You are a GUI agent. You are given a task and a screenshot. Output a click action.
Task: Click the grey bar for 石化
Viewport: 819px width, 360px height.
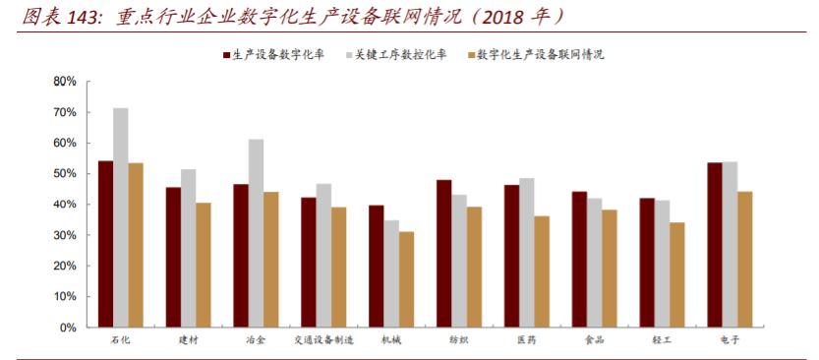pyautogui.click(x=120, y=217)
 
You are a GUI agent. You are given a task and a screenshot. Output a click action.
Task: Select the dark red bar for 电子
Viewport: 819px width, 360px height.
pyautogui.click(x=715, y=245)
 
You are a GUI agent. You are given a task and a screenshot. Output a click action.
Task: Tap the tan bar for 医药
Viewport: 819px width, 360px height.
pyautogui.click(x=542, y=271)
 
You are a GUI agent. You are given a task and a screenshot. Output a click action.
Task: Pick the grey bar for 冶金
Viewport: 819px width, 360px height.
pyautogui.click(x=256, y=233)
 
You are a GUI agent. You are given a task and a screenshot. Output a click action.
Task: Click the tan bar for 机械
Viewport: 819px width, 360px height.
pyautogui.click(x=406, y=279)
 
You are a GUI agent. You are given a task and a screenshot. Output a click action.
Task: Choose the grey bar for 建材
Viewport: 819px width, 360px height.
pyautogui.click(x=188, y=248)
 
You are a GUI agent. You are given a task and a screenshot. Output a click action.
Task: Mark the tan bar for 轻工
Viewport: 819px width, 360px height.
pyautogui.click(x=677, y=274)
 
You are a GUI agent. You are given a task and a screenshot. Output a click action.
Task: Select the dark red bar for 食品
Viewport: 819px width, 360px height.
pyautogui.click(x=579, y=260)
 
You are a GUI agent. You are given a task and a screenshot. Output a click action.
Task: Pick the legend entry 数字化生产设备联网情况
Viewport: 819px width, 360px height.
pyautogui.click(x=540, y=55)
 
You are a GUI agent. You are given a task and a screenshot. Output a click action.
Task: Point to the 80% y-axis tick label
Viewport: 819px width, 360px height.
pyautogui.click(x=65, y=82)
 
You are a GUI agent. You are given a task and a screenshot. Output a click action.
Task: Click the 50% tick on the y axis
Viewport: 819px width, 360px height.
pyautogui.click(x=65, y=174)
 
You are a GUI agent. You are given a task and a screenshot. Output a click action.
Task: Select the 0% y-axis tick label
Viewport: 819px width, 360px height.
pyautogui.click(x=68, y=328)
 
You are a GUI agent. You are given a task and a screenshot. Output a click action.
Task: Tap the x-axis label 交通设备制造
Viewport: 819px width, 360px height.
pyautogui.click(x=324, y=340)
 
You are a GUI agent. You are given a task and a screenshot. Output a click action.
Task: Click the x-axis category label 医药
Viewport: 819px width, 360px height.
pyautogui.click(x=527, y=340)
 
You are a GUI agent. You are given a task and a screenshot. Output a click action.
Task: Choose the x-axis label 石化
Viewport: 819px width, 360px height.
pyautogui.click(x=120, y=340)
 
